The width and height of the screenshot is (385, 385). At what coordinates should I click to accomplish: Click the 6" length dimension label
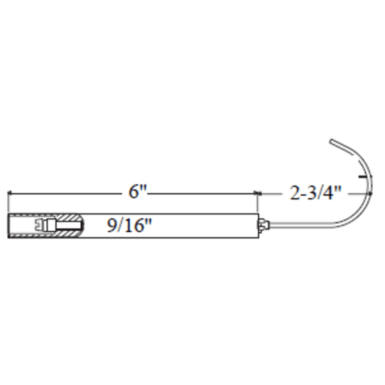click(x=137, y=191)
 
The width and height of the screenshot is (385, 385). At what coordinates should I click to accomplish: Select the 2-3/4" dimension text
click(x=316, y=193)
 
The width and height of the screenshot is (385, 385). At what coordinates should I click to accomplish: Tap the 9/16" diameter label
click(x=129, y=225)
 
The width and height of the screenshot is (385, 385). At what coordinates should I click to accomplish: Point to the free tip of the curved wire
click(x=332, y=141)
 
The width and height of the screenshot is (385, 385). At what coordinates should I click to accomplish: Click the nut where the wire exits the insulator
click(x=264, y=225)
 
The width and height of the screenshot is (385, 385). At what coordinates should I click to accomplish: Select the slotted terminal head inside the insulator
click(x=40, y=224)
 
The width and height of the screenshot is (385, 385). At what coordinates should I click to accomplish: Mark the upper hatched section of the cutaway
click(x=66, y=217)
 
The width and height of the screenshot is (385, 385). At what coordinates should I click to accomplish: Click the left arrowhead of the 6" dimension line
click(x=10, y=194)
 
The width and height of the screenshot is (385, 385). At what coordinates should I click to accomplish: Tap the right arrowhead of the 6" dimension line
click(x=256, y=194)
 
